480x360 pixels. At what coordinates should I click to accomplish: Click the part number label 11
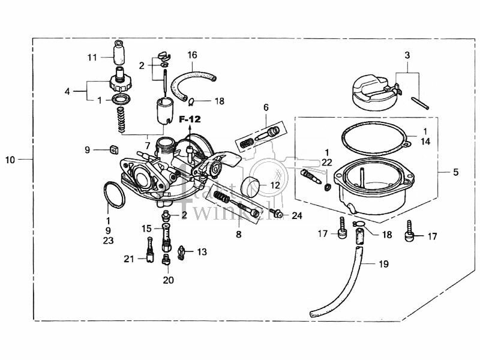click(x=92, y=58)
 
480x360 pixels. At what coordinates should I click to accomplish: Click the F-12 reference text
click(x=190, y=120)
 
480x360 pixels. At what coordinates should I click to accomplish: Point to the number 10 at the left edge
click(x=10, y=160)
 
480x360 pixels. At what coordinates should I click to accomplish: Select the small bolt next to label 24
click(x=278, y=213)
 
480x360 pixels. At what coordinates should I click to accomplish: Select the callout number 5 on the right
click(x=455, y=172)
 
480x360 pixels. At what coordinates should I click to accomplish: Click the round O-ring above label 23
click(x=111, y=194)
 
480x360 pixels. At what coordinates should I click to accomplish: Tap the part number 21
click(x=128, y=259)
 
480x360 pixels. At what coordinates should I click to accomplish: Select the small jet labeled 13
click(x=183, y=253)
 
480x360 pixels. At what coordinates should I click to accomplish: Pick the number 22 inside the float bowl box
click(x=326, y=162)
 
